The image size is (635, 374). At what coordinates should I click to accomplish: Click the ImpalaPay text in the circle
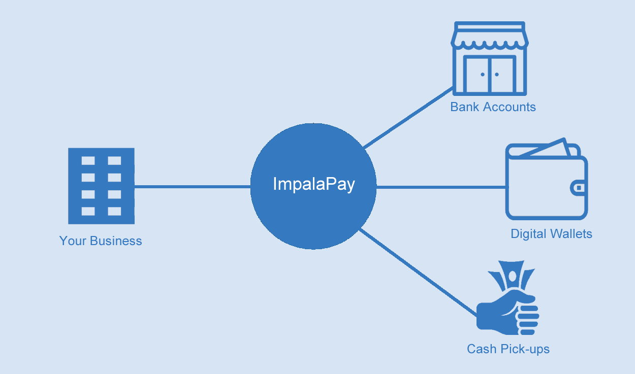tap(313, 184)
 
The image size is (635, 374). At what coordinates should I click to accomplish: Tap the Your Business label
tap(101, 241)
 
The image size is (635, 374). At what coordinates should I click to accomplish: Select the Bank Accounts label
tap(493, 107)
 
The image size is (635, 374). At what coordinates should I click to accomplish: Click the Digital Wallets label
tap(551, 234)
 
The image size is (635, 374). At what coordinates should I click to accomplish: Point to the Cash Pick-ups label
tap(508, 349)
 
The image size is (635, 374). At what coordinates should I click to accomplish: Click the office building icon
tap(101, 186)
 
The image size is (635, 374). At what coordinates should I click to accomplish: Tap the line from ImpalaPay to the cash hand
tap(417, 271)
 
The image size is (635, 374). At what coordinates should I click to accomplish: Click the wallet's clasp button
tap(579, 188)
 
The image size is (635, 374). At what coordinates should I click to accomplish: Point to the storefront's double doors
tap(490, 74)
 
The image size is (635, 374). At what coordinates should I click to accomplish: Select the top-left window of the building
tap(88, 160)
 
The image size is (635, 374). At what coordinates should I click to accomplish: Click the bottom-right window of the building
tap(114, 211)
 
